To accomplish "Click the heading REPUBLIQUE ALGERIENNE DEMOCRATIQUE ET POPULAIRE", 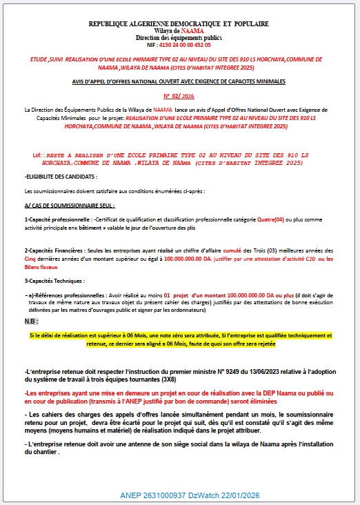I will click(178, 24).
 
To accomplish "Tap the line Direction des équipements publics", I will click(178, 37).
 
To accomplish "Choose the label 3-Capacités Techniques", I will click(55, 281).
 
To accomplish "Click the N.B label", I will click(31, 321).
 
